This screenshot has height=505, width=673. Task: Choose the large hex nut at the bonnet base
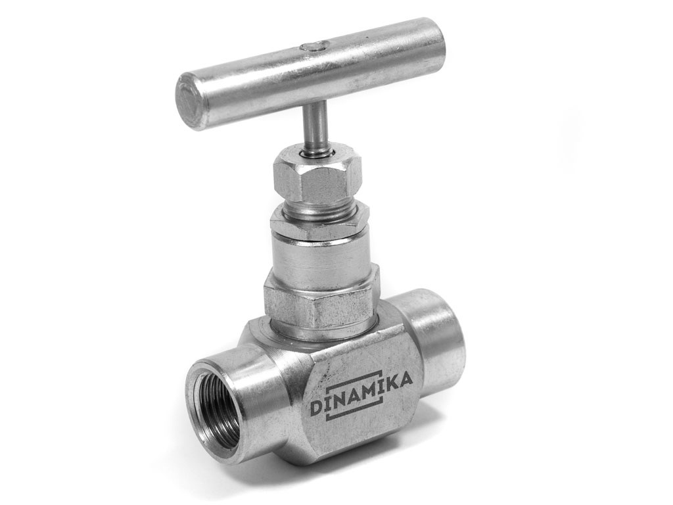point(321,301)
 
